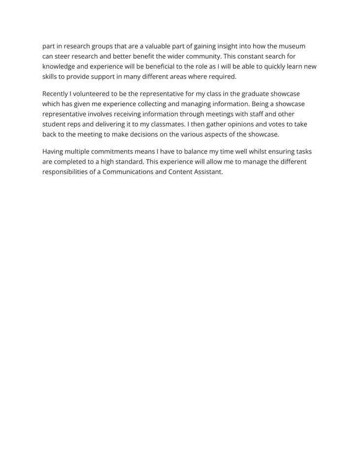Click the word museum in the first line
pos(292,46)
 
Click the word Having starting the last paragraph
pos(53,152)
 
